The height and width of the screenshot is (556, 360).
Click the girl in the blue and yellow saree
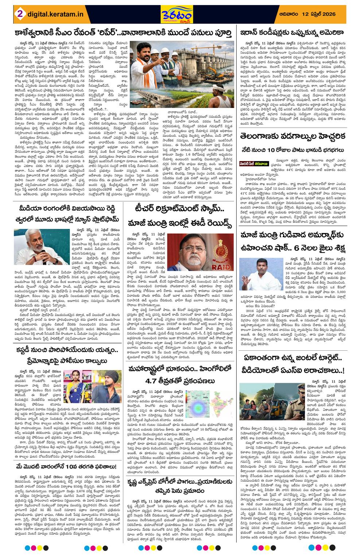click(x=75, y=386)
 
